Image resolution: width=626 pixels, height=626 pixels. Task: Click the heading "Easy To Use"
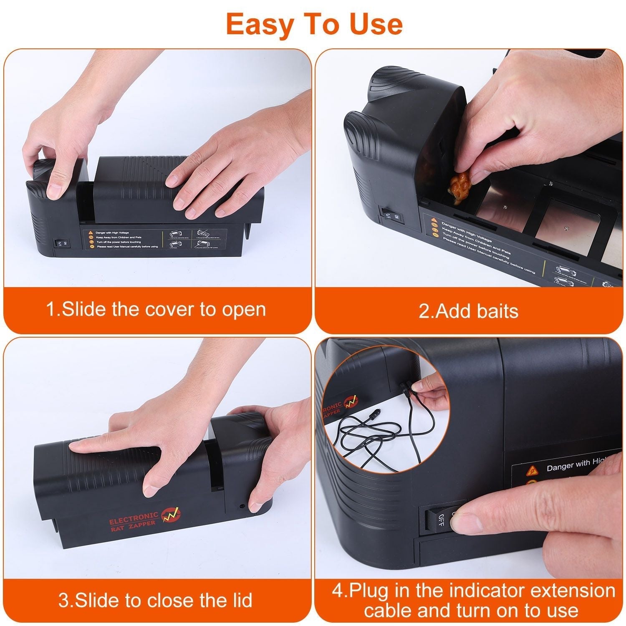point(314,25)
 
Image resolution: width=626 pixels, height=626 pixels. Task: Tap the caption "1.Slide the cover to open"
point(156,310)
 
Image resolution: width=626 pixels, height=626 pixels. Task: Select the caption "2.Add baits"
point(468,311)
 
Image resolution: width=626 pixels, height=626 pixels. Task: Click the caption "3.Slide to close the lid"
point(155,600)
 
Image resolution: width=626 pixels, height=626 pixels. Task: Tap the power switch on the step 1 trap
point(59,243)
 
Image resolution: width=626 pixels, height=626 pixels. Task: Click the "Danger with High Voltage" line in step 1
point(113,232)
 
